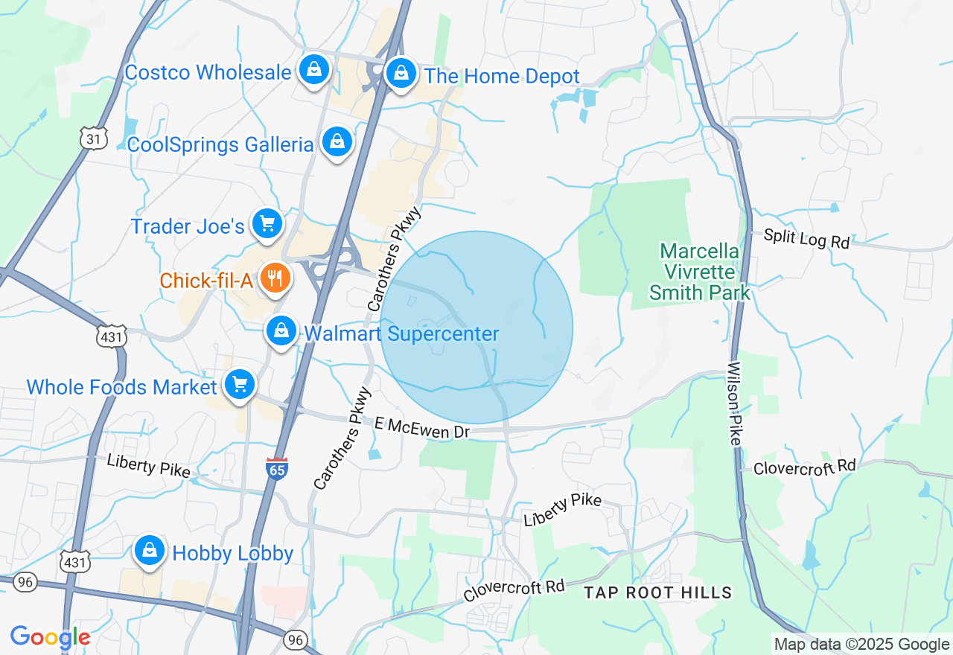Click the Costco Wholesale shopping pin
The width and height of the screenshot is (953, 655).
[x=314, y=71]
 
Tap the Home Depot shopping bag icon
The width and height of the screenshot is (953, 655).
[x=401, y=74]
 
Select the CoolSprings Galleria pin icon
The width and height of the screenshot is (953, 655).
[x=337, y=141]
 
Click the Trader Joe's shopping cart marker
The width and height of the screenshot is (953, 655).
[x=267, y=224]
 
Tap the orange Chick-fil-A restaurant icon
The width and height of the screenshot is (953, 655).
[x=275, y=279]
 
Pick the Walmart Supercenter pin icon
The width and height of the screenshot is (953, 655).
[x=281, y=331]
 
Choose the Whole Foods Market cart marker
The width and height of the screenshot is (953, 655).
[x=239, y=386]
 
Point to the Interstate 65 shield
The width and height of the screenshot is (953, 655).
[x=276, y=468]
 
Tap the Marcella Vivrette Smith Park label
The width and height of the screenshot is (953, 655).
[x=699, y=272]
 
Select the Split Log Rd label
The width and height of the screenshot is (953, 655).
[x=807, y=239]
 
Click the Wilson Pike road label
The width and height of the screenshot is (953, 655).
[x=734, y=403]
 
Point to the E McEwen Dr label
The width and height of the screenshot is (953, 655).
[x=422, y=427]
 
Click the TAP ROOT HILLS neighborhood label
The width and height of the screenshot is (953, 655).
[x=658, y=592]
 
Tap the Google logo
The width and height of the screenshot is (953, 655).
[x=50, y=638]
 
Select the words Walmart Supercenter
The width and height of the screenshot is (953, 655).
[x=401, y=333]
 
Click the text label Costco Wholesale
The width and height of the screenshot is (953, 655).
[x=208, y=72]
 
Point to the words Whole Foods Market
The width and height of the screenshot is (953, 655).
[x=121, y=387]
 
